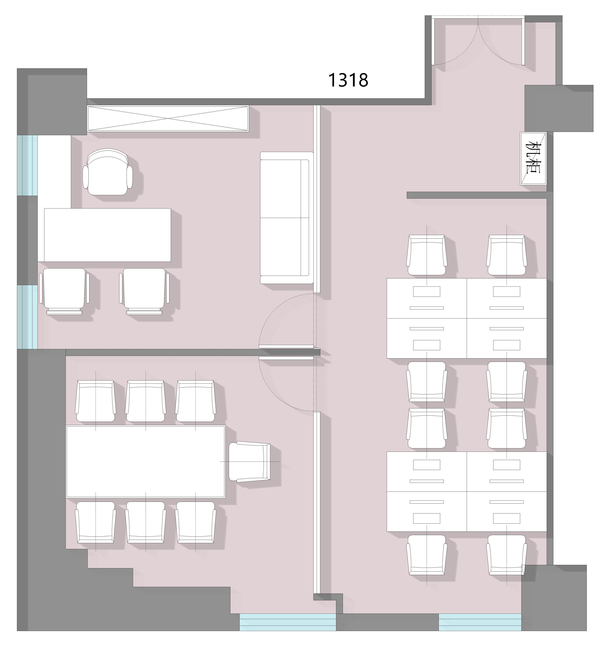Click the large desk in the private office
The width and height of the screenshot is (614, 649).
pos(107,235)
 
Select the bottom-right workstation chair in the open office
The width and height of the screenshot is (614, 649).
pos(507,555)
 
